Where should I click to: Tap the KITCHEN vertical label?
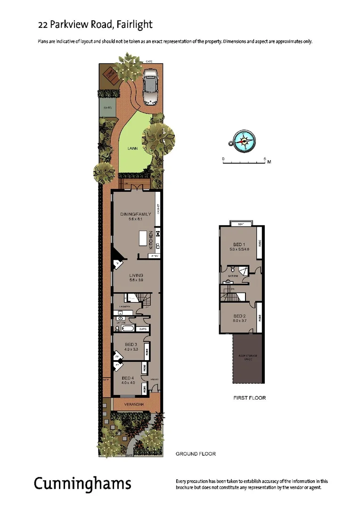(x=151, y=240)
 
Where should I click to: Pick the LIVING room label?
(x=136, y=275)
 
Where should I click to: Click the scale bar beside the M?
(x=245, y=162)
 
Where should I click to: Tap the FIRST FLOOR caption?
(x=250, y=398)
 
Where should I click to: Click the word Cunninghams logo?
(x=82, y=484)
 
